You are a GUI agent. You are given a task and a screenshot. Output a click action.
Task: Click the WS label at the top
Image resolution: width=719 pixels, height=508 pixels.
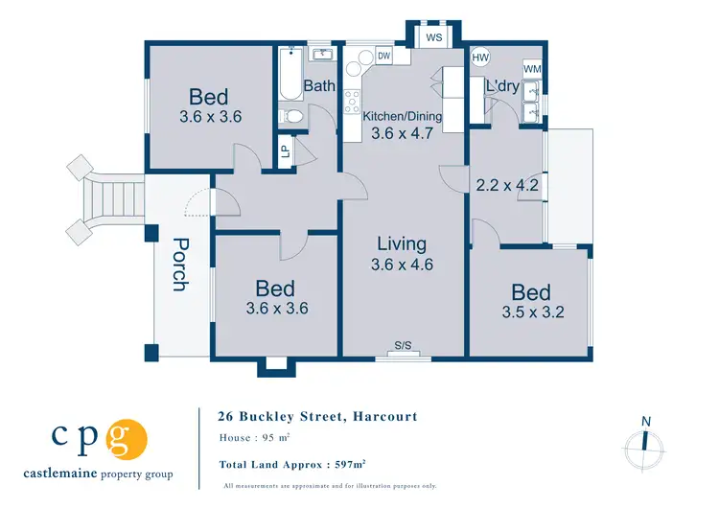(x=433, y=38)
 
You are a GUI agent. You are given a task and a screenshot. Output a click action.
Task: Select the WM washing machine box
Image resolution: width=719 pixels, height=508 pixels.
(x=532, y=69)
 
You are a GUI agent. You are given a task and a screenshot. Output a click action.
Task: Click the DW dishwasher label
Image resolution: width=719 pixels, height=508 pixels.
(x=384, y=57)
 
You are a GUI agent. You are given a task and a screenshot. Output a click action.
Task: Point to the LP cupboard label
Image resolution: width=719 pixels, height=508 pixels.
(x=285, y=150)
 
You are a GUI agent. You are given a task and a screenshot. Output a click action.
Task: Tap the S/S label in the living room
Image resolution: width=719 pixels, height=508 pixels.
(x=403, y=345)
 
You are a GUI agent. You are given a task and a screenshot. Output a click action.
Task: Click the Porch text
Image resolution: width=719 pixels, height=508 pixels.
(x=179, y=264)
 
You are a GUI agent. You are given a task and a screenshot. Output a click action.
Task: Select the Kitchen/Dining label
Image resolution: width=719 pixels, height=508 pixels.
(x=403, y=116)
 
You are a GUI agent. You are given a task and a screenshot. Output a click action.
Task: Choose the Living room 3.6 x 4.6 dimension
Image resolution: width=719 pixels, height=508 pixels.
(x=402, y=264)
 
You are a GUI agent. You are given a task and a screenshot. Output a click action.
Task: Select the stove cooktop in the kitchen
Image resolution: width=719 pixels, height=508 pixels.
(x=352, y=98)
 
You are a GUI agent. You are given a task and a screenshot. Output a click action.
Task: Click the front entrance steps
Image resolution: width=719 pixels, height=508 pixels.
(x=112, y=198)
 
